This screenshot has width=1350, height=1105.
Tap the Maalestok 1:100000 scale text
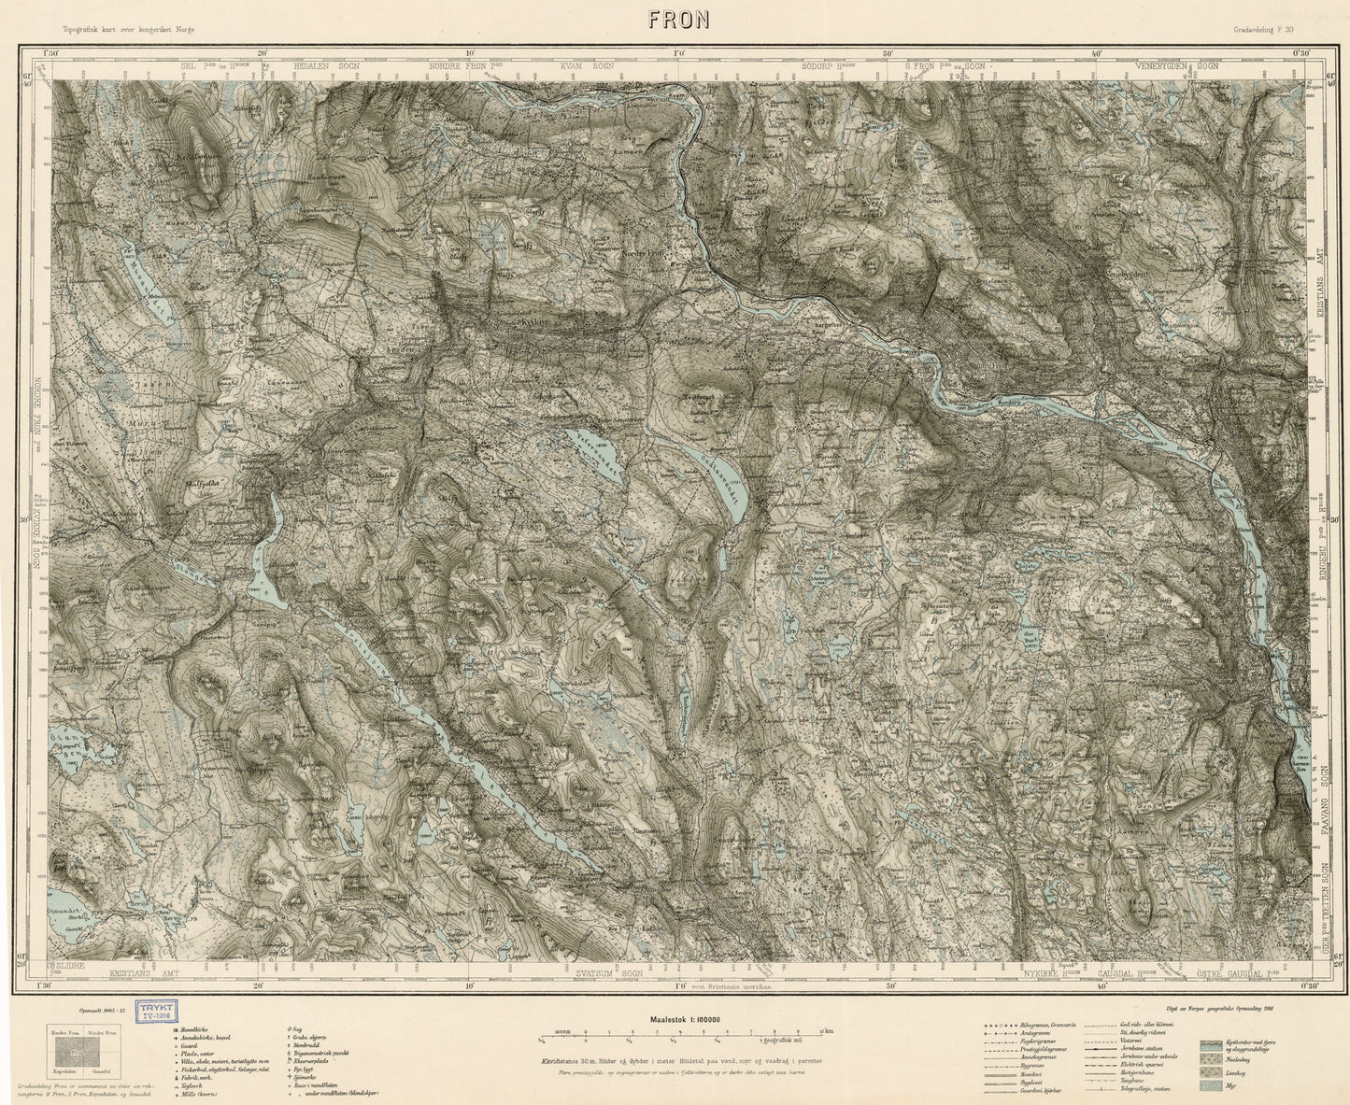pyautogui.click(x=675, y=1020)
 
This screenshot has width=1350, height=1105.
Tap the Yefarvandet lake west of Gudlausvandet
pyautogui.click(x=595, y=458)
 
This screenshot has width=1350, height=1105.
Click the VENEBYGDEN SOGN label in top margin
pyautogui.click(x=1177, y=67)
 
